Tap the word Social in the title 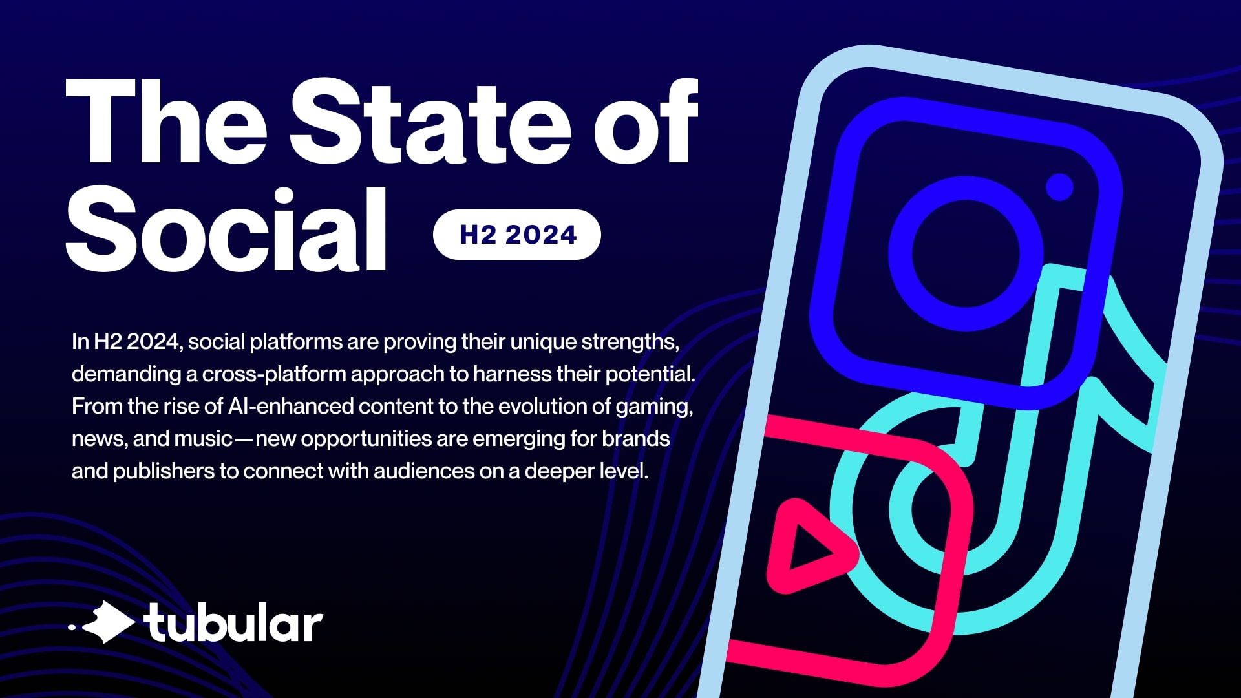coord(226,229)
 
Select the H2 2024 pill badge coord(517,235)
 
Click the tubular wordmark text coord(233,623)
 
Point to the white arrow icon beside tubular coord(107,622)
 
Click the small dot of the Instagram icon coord(1059,187)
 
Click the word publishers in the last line coord(164,472)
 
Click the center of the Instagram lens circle coord(966,253)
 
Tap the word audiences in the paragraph coord(424,471)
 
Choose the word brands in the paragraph coord(636,438)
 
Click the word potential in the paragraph coord(650,375)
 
